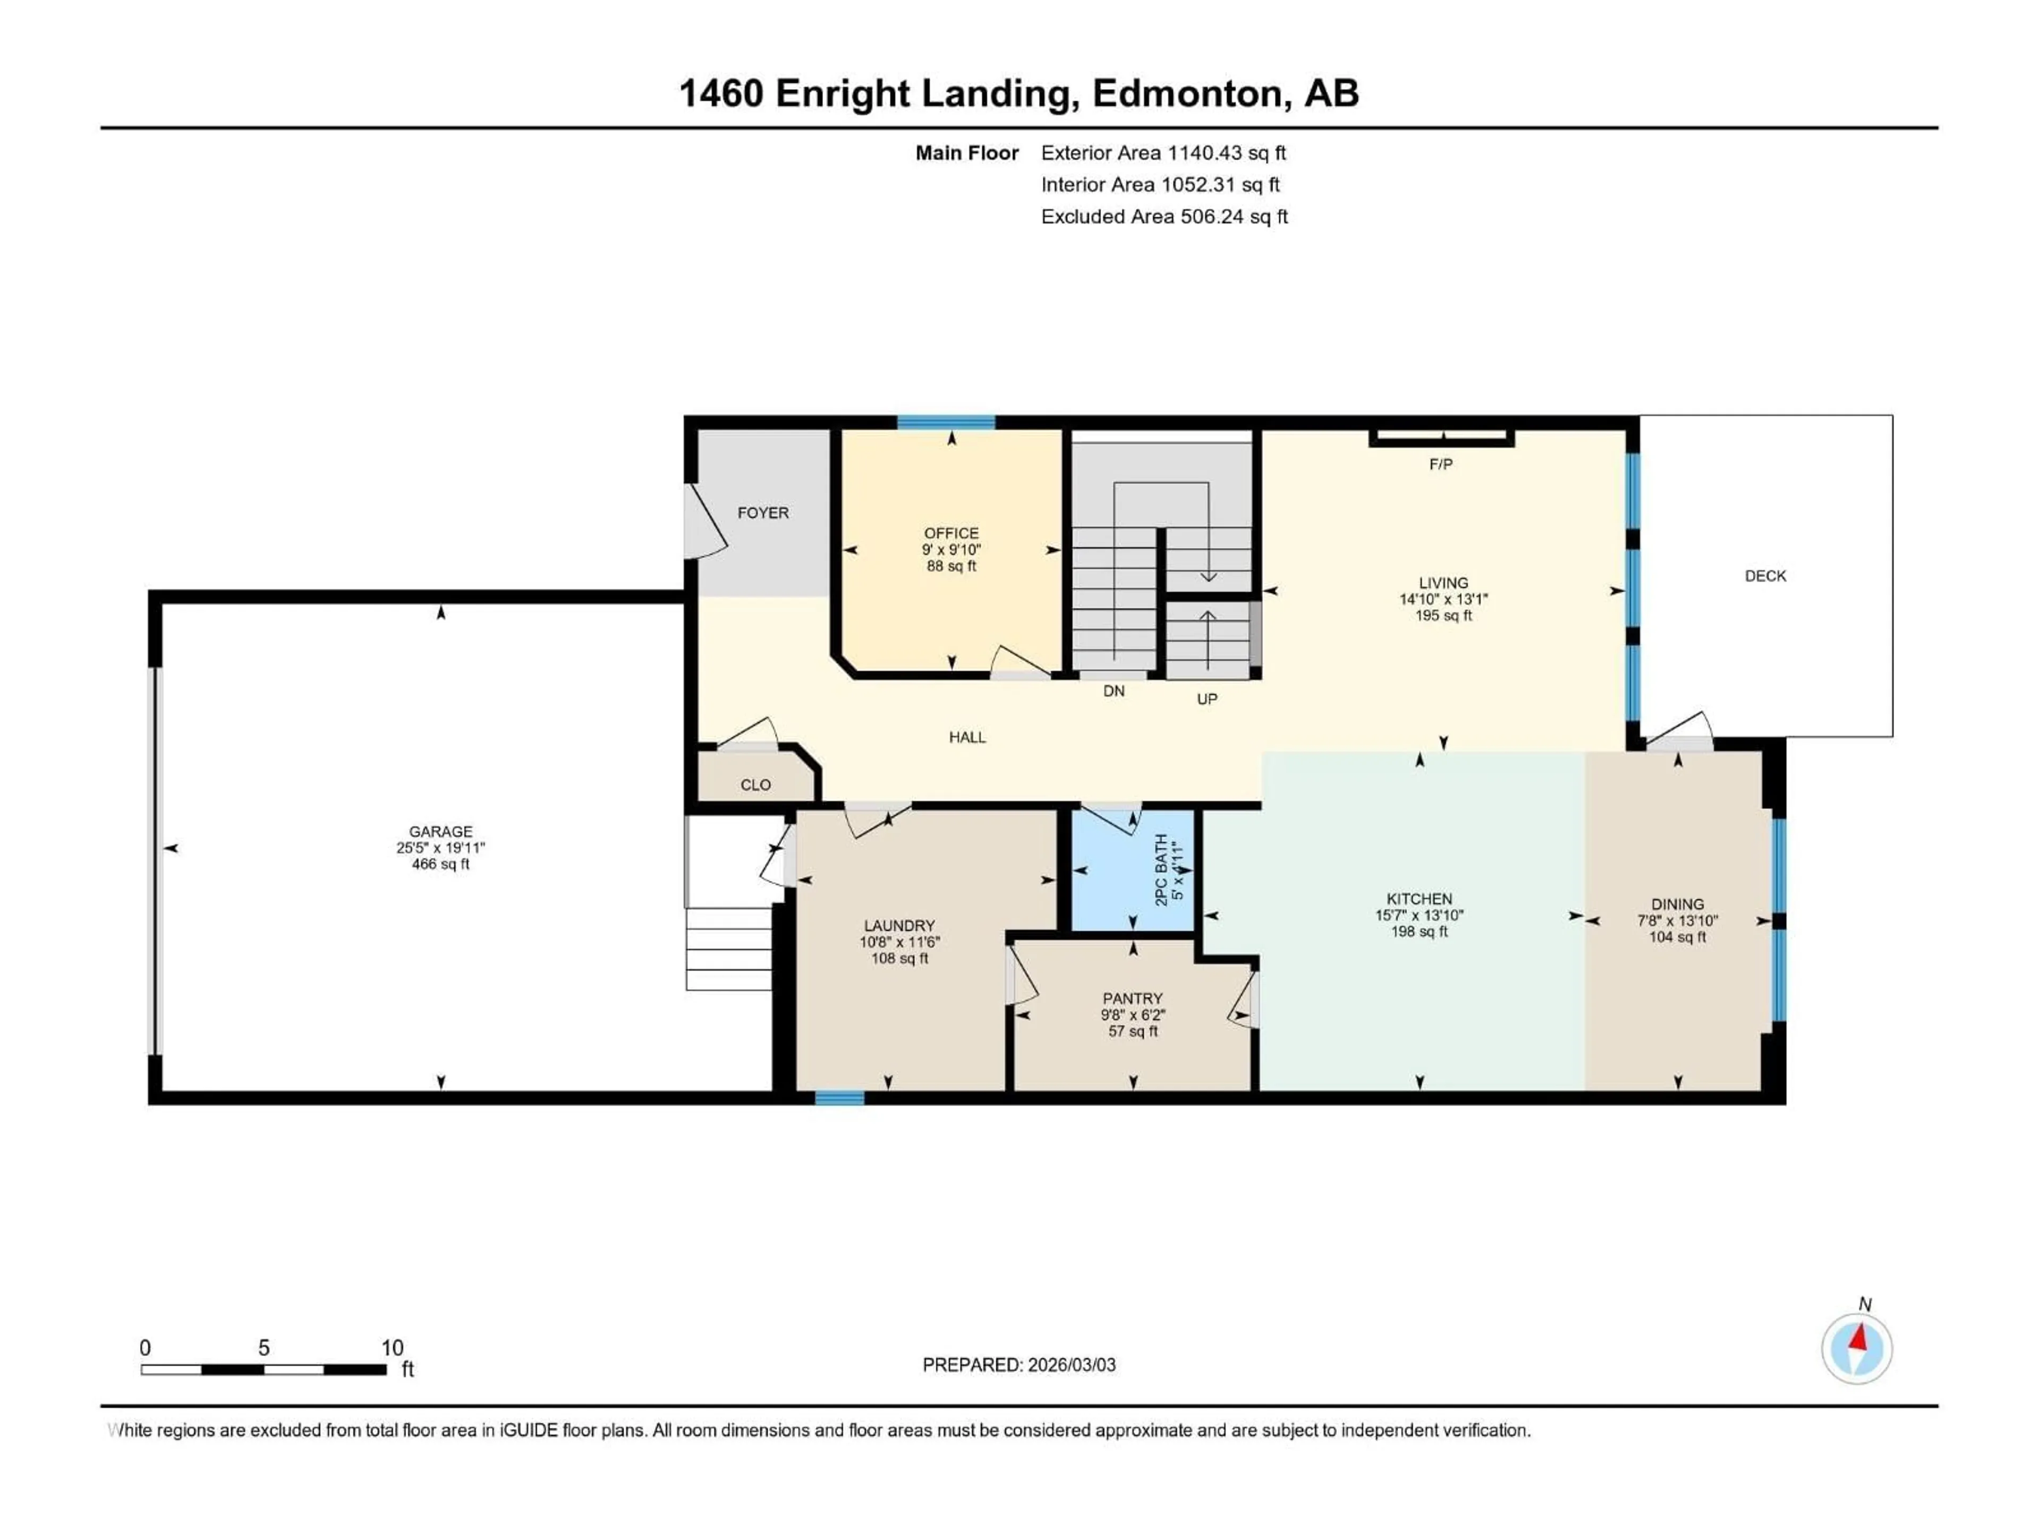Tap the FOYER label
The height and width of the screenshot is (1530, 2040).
point(763,513)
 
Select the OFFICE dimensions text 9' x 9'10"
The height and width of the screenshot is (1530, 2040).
point(951,550)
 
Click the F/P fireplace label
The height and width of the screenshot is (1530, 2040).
point(1441,465)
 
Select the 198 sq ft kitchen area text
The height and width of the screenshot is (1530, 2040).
point(1419,931)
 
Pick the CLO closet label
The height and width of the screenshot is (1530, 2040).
point(755,785)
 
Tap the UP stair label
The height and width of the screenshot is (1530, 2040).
point(1207,699)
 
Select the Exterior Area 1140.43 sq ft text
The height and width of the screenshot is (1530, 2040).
point(1163,153)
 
